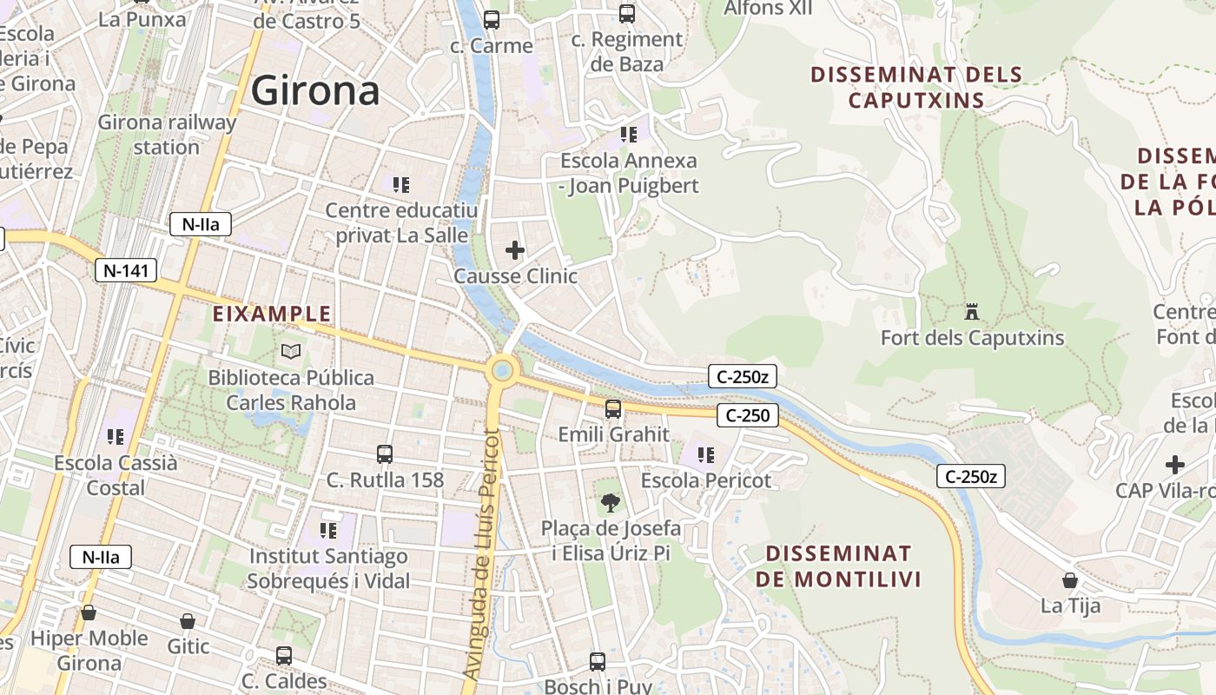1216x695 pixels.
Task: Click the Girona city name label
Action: coord(315,90)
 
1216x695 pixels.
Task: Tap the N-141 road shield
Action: coord(126,270)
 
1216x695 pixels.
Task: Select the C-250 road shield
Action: coord(748,415)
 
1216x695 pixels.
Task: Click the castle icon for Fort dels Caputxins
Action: coord(972,311)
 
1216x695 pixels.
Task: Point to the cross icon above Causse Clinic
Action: coord(515,250)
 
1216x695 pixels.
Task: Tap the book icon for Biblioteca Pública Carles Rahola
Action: coord(291,352)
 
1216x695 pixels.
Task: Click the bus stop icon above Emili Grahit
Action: coord(613,408)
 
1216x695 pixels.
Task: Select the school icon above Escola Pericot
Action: coord(705,454)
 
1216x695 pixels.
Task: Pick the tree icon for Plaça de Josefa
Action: coord(611,502)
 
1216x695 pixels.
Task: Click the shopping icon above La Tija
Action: coord(1070,579)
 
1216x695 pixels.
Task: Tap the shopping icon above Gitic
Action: coord(188,621)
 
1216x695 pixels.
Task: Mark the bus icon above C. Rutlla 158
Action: coord(385,453)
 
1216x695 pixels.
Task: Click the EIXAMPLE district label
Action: coord(272,314)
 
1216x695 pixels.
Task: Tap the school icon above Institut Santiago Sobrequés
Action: coord(327,529)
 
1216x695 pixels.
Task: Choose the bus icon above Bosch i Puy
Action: coord(598,661)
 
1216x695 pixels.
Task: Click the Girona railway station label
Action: coord(167,134)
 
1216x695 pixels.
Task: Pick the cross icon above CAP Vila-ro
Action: coord(1175,465)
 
